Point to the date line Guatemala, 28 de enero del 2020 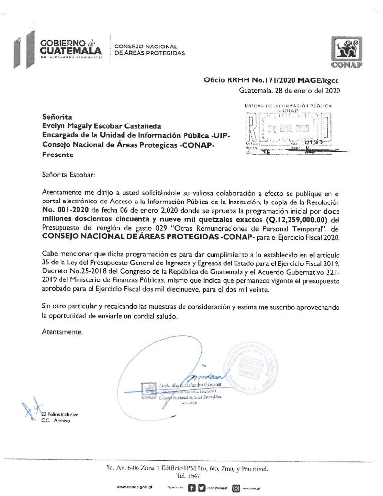point(291,91)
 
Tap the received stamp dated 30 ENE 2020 point(288,128)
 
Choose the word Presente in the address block point(58,155)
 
